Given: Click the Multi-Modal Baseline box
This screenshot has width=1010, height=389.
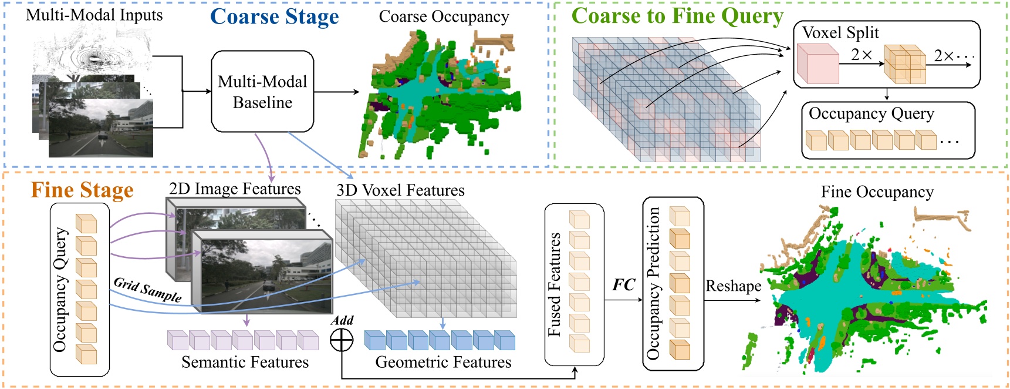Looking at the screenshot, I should [x=262, y=92].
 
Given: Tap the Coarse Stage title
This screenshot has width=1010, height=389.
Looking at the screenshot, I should [x=274, y=16].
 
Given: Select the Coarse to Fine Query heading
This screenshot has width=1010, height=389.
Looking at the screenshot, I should [x=677, y=16].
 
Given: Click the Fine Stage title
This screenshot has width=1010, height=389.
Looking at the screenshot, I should [x=82, y=190].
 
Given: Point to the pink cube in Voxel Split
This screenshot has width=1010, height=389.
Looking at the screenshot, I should [x=818, y=63].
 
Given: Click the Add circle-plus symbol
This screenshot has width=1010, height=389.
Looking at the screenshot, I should [x=342, y=340].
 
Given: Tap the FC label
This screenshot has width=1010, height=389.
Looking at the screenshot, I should [x=623, y=285].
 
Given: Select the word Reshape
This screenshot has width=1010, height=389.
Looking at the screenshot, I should [x=733, y=286].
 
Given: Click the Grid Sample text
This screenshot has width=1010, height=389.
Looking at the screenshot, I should [x=147, y=289].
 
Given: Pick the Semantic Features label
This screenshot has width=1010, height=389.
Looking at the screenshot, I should [x=245, y=362].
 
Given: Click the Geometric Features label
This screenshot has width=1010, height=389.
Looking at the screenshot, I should [x=443, y=362].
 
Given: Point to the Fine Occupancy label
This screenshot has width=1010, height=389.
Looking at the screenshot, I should [x=877, y=192].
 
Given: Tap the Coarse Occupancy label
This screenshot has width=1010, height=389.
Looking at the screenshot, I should [x=444, y=16].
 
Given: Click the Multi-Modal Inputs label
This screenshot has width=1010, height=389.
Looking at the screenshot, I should [x=94, y=15].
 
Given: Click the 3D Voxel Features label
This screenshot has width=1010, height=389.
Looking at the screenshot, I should [x=400, y=190].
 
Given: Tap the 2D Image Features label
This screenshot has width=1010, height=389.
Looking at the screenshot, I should [x=235, y=189].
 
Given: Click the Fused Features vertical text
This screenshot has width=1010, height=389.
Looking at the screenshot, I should [x=555, y=284].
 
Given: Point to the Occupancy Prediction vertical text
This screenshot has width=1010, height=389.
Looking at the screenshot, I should [x=654, y=283].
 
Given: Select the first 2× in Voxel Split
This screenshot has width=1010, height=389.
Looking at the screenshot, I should [x=862, y=55].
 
